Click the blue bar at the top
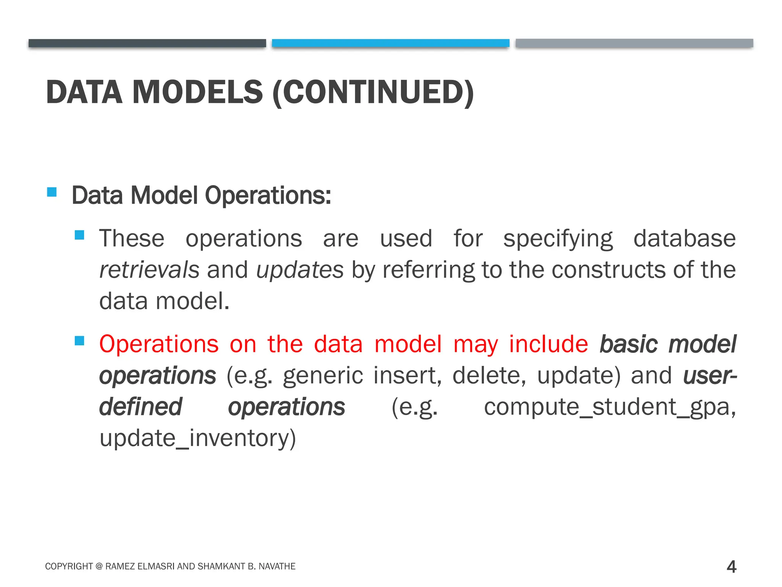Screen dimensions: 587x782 [390, 43]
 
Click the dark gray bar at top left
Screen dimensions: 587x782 [147, 43]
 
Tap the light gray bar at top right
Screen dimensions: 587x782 [634, 43]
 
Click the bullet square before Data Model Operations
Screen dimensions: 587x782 [52, 192]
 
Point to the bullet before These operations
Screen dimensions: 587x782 [79, 235]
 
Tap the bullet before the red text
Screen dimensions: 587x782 [79, 341]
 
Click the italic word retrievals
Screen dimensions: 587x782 [149, 270]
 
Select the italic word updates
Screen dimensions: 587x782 [300, 270]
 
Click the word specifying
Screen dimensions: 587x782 [558, 239]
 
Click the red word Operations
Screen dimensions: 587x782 [159, 344]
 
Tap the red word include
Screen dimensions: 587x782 [548, 344]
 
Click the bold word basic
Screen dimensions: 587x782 [629, 344]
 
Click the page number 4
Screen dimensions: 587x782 [731, 566]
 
